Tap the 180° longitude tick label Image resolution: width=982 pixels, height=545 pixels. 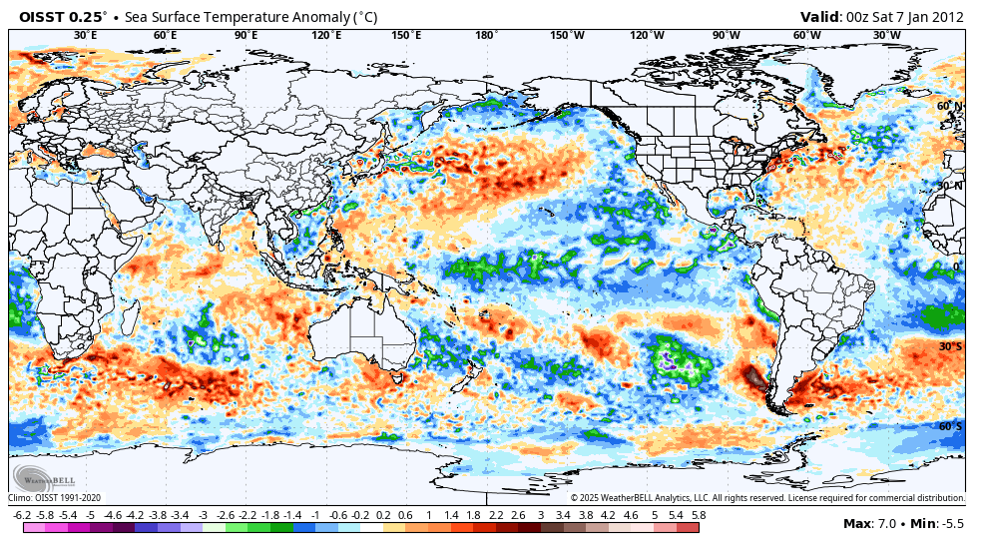486,35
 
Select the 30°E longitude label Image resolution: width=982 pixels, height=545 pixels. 86,35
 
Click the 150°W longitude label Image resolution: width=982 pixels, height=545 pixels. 567,35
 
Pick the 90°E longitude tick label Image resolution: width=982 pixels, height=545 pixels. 245,35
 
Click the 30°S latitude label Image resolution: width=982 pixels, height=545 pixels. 950,346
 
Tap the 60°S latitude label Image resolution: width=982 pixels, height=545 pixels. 950,426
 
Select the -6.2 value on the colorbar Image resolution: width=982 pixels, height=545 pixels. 21,515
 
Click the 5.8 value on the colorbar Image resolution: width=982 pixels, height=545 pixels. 699,515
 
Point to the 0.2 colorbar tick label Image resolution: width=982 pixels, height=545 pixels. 383,515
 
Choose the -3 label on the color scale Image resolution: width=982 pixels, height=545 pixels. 203,515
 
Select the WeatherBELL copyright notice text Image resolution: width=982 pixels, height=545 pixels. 767,497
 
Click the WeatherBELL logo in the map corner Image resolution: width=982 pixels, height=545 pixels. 41,477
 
